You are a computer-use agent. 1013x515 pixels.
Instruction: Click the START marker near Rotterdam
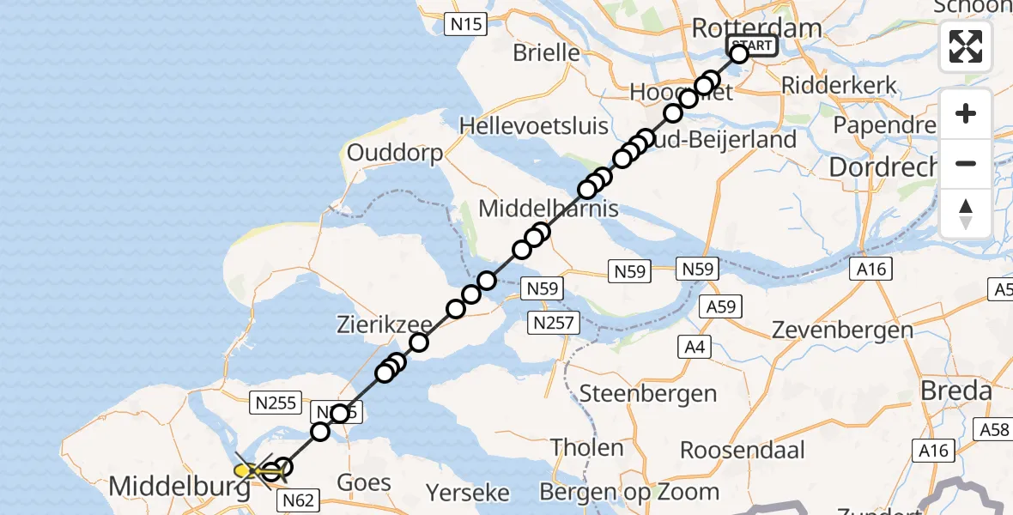point(752,45)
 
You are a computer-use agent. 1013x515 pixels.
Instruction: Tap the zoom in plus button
point(966,113)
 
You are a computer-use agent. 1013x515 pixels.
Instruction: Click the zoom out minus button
point(966,163)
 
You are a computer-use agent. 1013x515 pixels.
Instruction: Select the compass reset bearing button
point(966,213)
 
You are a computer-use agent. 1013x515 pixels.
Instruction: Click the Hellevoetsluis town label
point(533,125)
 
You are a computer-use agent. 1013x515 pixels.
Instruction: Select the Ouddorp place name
point(395,154)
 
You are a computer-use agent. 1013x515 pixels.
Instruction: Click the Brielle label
point(546,52)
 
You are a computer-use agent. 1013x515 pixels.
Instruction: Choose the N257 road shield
point(555,323)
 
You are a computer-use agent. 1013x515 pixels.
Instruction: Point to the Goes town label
point(364,482)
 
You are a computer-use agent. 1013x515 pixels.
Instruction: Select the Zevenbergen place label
point(842,330)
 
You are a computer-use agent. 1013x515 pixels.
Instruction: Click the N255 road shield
point(275,401)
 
